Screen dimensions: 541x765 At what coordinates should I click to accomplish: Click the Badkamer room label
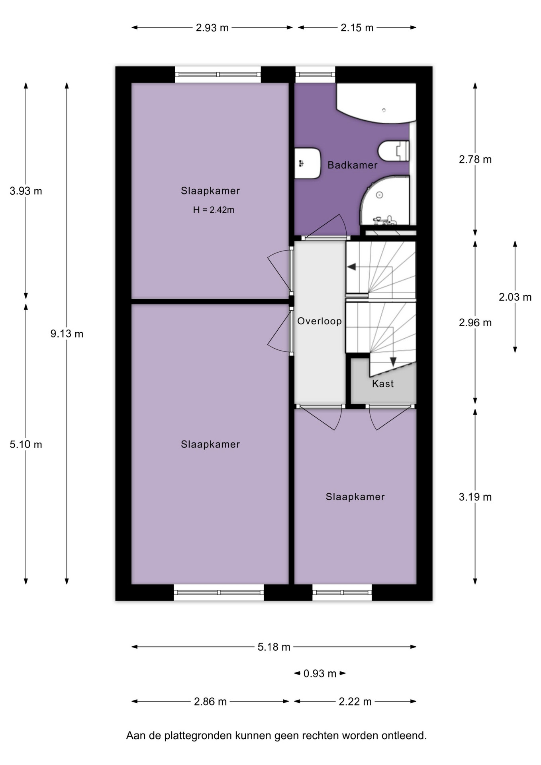(352, 165)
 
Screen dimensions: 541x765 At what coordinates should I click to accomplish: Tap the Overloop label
(320, 321)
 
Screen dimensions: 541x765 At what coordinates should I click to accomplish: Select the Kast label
(383, 384)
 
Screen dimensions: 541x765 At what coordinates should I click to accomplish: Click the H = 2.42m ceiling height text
(214, 210)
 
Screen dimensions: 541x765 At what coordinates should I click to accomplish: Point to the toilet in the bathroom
(394, 151)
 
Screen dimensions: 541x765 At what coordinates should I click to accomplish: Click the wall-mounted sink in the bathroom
(307, 163)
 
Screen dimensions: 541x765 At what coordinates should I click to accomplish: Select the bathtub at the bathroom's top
(376, 103)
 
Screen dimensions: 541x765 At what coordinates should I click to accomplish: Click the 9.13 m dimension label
(67, 334)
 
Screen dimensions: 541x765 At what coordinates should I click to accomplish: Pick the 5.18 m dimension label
(274, 647)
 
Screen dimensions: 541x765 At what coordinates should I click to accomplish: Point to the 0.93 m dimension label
(320, 673)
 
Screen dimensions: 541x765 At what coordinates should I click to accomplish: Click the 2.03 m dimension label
(515, 297)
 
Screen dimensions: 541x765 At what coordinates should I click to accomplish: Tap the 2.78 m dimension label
(475, 160)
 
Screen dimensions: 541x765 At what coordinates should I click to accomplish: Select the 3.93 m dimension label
(26, 191)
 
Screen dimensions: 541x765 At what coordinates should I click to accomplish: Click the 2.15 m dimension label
(357, 28)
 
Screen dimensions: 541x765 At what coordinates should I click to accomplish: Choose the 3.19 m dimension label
(475, 497)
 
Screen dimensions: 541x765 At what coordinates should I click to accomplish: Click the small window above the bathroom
(315, 75)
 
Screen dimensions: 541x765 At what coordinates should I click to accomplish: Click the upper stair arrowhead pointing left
(351, 267)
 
